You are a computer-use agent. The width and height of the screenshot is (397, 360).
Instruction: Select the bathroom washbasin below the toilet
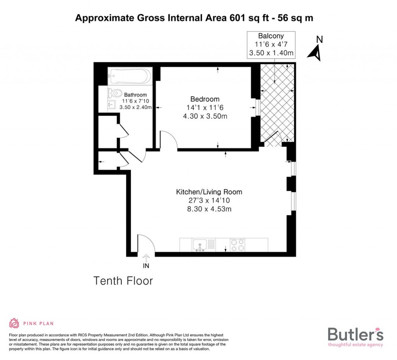(112, 105)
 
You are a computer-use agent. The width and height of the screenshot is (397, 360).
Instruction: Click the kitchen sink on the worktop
(200, 245)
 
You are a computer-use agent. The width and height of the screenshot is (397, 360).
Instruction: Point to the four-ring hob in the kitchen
(238, 245)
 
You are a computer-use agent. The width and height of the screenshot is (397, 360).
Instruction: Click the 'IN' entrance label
(146, 266)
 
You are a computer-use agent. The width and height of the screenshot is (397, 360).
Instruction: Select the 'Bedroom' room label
(205, 99)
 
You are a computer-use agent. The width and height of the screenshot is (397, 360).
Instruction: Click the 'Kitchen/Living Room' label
(209, 192)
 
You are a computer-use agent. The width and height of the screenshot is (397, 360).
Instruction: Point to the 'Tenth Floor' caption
(123, 281)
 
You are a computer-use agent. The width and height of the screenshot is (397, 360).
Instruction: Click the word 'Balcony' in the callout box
(271, 36)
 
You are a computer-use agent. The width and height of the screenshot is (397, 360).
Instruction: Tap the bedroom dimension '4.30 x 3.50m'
(205, 116)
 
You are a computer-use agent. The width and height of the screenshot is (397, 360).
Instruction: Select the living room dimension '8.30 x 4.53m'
(209, 209)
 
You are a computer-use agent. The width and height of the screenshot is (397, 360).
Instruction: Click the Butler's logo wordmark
(356, 334)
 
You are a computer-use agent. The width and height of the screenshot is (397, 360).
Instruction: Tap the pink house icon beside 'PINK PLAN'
(14, 323)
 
